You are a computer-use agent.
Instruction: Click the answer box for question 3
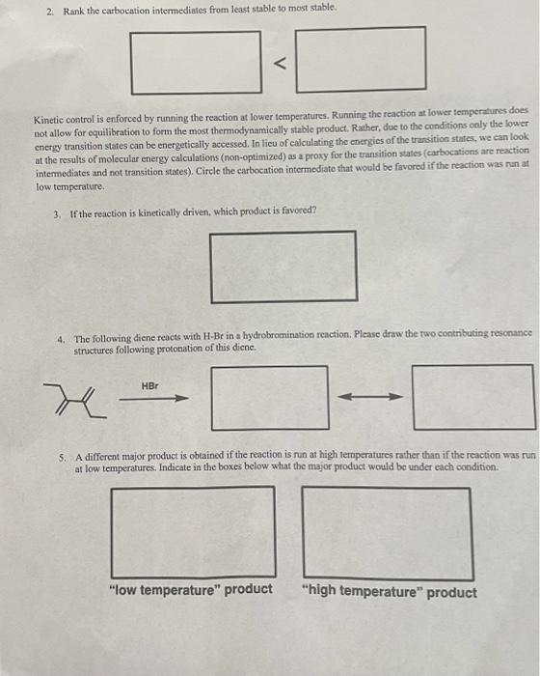click(x=283, y=266)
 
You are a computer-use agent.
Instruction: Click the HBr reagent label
click(x=149, y=385)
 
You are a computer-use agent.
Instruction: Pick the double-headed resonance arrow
click(x=371, y=397)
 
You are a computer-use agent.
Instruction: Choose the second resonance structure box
click(x=473, y=396)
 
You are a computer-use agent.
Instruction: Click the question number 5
click(x=63, y=457)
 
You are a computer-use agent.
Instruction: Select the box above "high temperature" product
click(x=387, y=532)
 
